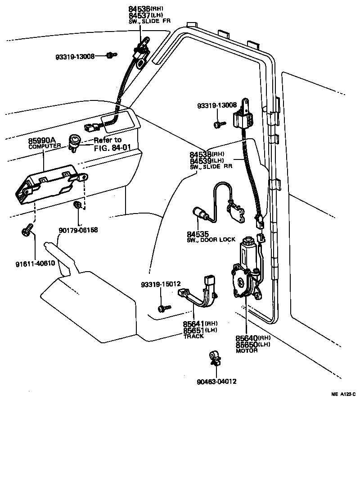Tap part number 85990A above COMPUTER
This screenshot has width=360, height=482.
43,141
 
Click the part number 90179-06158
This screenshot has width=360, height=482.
78,230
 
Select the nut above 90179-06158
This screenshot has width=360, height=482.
77,206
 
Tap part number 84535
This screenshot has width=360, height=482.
197,234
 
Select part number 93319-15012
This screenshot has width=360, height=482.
161,284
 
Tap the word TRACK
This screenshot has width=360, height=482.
194,336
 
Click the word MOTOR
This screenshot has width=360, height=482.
247,350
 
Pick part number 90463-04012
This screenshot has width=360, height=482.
216,381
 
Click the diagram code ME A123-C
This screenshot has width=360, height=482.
343,394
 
